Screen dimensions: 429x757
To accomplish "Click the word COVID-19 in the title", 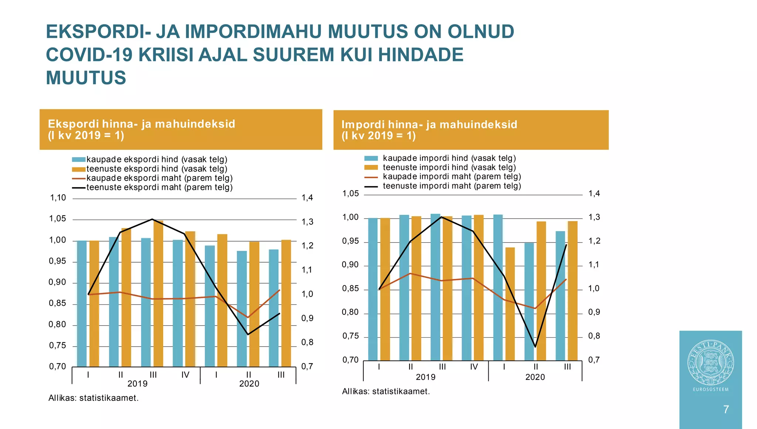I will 89,55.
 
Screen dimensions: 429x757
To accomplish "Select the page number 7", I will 726,409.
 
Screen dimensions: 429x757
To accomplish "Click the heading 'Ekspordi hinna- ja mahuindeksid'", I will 142,124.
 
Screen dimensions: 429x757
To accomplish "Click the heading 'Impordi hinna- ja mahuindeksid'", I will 429,125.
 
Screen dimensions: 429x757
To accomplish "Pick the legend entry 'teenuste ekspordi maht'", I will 159,188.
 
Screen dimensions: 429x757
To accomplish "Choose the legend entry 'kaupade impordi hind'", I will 449,158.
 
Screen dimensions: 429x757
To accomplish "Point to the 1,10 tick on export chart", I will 58,198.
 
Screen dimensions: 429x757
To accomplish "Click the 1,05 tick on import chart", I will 350,193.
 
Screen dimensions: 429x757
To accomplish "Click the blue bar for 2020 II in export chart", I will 242,309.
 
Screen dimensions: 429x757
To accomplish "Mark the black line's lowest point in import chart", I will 535,347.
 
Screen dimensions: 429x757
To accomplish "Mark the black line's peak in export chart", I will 152,219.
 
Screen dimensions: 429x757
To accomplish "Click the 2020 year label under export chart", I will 249,384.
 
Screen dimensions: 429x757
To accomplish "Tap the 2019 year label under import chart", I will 425,377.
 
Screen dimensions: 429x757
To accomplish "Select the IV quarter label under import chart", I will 474,367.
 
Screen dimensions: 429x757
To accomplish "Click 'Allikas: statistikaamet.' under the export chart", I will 94,398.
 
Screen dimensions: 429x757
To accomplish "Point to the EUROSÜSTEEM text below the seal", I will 710,389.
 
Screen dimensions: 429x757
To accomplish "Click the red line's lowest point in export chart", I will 248,317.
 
